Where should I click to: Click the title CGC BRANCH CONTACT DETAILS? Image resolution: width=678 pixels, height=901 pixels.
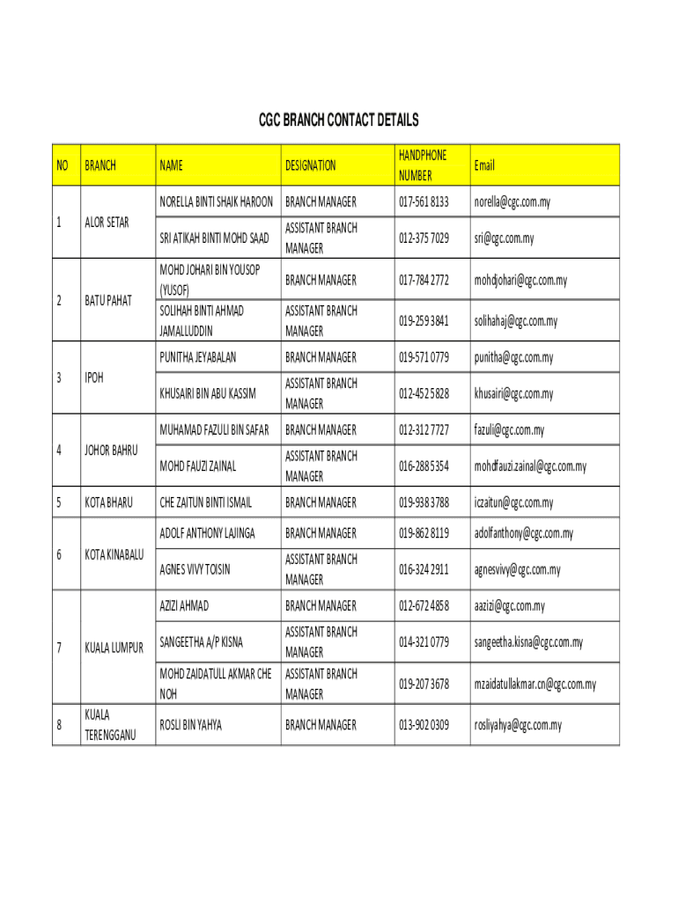click(x=338, y=120)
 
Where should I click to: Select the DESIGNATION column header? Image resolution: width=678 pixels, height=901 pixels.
click(x=310, y=165)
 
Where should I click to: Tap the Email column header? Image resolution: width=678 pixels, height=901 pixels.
click(x=484, y=165)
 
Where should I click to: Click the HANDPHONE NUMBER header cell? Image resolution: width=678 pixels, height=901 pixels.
click(x=423, y=165)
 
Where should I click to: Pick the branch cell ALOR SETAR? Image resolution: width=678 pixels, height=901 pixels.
click(x=107, y=223)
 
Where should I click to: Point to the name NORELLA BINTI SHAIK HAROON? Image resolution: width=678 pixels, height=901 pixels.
click(x=217, y=202)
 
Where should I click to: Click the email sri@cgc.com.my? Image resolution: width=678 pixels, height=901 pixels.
click(x=504, y=238)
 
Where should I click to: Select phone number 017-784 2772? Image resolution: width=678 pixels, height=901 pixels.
click(x=424, y=280)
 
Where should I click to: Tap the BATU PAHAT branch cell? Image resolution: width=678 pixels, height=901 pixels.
click(x=108, y=301)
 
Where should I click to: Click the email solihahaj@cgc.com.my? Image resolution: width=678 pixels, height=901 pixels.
click(x=516, y=321)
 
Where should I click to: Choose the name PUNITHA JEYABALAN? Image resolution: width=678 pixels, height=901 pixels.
click(x=198, y=357)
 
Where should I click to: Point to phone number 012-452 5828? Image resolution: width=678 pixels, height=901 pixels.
click(x=424, y=393)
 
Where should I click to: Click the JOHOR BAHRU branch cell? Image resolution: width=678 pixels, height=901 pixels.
click(x=111, y=450)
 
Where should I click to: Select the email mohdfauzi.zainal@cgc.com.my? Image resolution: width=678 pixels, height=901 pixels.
click(x=530, y=466)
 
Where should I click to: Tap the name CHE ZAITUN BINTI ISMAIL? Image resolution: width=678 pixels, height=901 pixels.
click(x=205, y=502)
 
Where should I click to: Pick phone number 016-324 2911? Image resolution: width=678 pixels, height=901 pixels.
click(x=424, y=569)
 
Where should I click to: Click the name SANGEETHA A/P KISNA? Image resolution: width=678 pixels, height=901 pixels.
click(x=201, y=642)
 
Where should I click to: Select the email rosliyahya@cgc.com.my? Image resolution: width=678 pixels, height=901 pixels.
click(x=518, y=725)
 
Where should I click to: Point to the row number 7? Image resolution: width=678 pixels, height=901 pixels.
click(x=59, y=648)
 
